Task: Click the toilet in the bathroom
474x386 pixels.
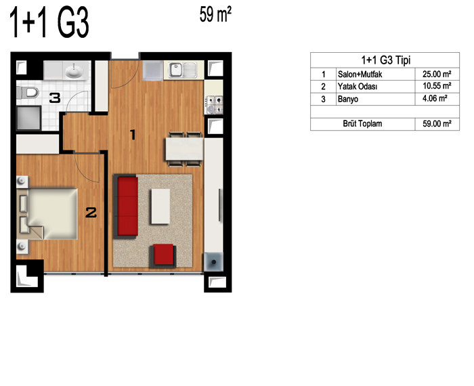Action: [28, 93]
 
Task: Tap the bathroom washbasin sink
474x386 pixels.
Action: [74, 71]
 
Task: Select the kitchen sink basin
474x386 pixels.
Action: [175, 70]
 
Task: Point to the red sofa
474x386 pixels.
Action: [126, 207]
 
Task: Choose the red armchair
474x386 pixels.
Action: [163, 256]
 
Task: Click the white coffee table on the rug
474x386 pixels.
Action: [160, 207]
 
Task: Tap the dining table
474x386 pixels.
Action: [184, 149]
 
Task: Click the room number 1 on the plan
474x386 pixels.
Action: [133, 135]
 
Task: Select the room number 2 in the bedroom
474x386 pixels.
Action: [91, 212]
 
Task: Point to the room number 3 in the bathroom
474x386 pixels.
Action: [55, 98]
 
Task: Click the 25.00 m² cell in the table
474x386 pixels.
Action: [437, 74]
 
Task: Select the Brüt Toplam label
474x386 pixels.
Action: [362, 124]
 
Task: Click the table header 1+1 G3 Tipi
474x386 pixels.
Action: [386, 60]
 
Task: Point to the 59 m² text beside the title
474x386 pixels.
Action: [215, 14]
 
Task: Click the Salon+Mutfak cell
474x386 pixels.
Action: [360, 74]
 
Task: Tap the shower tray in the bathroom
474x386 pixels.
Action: [28, 118]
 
